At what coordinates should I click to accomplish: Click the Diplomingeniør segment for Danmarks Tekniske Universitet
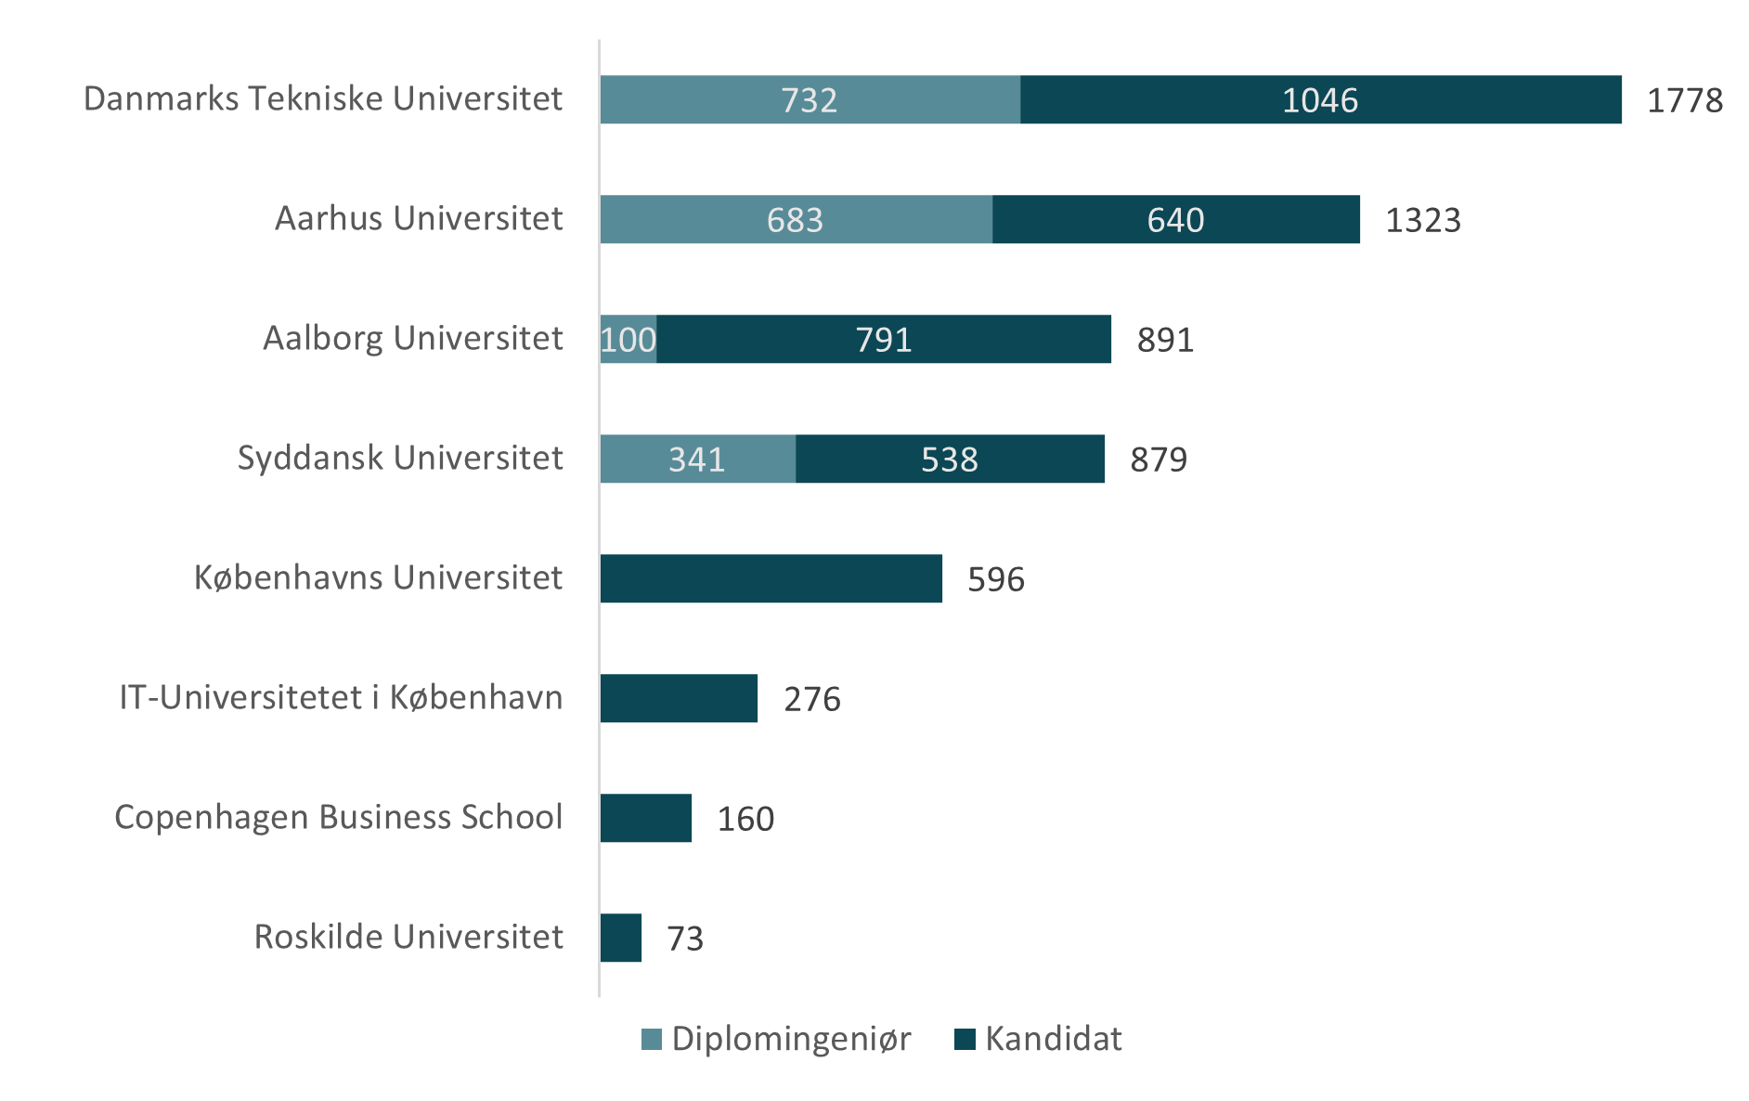pyautogui.click(x=810, y=99)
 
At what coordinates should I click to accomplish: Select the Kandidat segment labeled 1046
pyautogui.click(x=1320, y=99)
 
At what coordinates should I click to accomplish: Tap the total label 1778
pyautogui.click(x=1684, y=100)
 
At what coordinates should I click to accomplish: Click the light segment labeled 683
pyautogui.click(x=796, y=219)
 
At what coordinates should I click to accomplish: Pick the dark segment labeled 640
pyautogui.click(x=1175, y=219)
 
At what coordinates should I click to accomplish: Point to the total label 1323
pyautogui.click(x=1422, y=220)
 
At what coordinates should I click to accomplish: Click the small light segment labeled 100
pyautogui.click(x=628, y=339)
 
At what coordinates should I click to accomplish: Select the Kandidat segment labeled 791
pyautogui.click(x=883, y=339)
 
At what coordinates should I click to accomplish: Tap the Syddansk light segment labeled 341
pyautogui.click(x=697, y=459)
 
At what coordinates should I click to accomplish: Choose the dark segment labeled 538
pyautogui.click(x=950, y=459)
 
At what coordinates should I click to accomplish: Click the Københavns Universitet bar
pyautogui.click(x=771, y=578)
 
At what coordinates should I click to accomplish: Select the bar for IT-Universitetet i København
pyautogui.click(x=679, y=698)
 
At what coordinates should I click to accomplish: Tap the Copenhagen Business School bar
pyautogui.click(x=646, y=818)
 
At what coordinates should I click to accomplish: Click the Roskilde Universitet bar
pyautogui.click(x=621, y=938)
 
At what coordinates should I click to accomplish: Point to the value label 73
pyautogui.click(x=685, y=939)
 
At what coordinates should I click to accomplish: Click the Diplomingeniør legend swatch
pyautogui.click(x=652, y=1040)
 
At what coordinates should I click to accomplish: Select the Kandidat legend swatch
pyautogui.click(x=965, y=1040)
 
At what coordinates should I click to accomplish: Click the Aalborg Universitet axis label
pyautogui.click(x=413, y=338)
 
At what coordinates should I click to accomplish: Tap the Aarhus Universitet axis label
pyautogui.click(x=419, y=218)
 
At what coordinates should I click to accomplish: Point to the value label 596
pyautogui.click(x=996, y=579)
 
